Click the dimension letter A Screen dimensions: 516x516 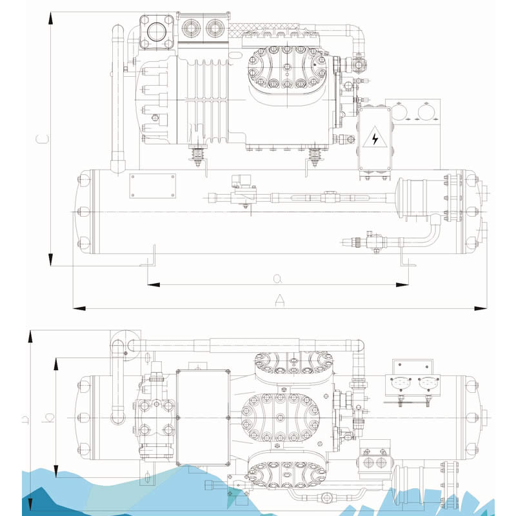point(279,300)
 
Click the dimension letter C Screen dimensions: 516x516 point(43,139)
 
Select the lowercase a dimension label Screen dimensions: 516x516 point(278,279)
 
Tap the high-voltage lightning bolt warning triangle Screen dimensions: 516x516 point(375,137)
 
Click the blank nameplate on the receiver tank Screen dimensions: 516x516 point(152,186)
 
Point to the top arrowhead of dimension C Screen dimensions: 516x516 point(51,18)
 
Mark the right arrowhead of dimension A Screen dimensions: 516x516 point(481,308)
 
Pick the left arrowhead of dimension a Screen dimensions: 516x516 point(154,284)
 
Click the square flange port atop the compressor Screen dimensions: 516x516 point(156,32)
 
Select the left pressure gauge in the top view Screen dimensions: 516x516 point(401,382)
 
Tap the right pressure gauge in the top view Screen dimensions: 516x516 point(428,382)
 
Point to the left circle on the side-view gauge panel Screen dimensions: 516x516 point(399,112)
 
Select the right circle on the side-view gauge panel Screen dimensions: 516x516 point(426,112)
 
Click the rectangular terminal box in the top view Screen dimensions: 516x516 point(203,418)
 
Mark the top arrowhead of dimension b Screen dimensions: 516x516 point(56,364)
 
